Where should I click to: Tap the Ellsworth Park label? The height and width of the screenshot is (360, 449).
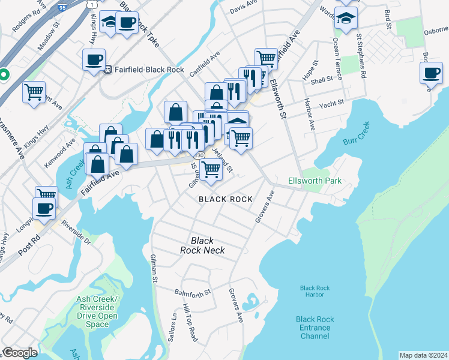click(x=315, y=181)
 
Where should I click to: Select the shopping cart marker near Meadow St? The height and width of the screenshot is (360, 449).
click(x=34, y=92)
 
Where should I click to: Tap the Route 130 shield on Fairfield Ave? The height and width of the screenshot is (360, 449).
click(x=200, y=155)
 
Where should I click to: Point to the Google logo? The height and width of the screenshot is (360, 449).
click(x=20, y=353)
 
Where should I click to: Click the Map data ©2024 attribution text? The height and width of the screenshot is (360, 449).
click(x=423, y=355)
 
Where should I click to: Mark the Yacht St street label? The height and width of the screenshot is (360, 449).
click(x=331, y=103)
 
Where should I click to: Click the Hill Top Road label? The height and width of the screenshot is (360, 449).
click(x=191, y=322)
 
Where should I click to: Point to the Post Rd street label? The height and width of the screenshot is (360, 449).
click(x=28, y=242)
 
